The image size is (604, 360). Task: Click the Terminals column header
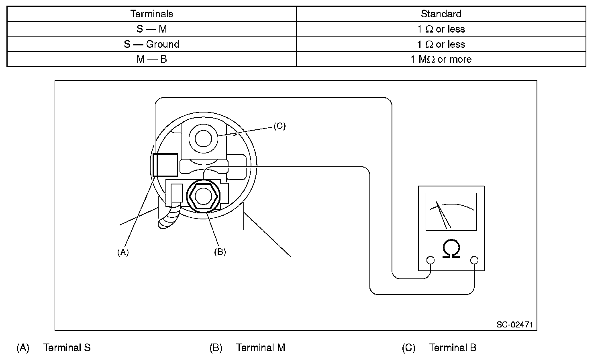click(151, 14)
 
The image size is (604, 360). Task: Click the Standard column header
click(441, 14)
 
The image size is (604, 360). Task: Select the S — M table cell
click(151, 29)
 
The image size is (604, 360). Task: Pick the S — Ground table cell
click(151, 44)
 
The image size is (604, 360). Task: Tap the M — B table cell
click(151, 59)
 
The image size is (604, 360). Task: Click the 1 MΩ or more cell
click(441, 59)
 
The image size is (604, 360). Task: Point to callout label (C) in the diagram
click(280, 126)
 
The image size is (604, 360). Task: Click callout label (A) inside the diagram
click(123, 252)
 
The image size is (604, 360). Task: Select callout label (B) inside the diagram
click(220, 252)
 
